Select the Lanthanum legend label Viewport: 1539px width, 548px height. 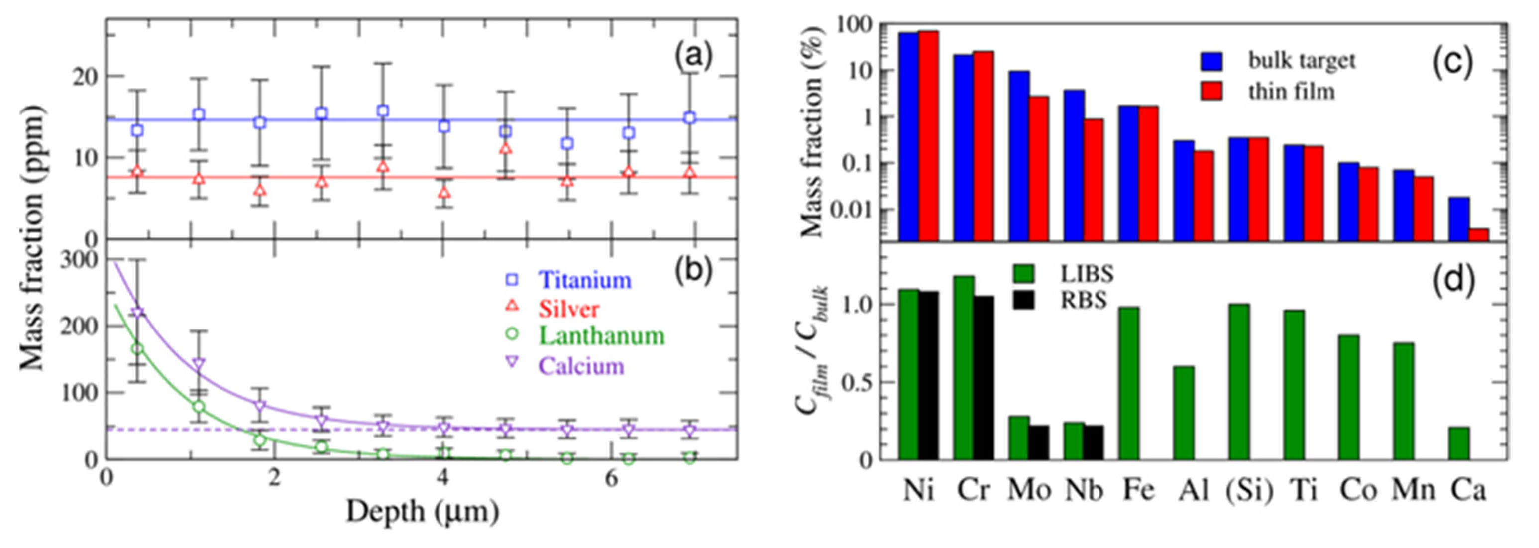point(601,336)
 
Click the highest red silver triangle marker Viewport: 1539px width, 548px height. point(505,148)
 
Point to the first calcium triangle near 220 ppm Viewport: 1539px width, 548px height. point(137,313)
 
